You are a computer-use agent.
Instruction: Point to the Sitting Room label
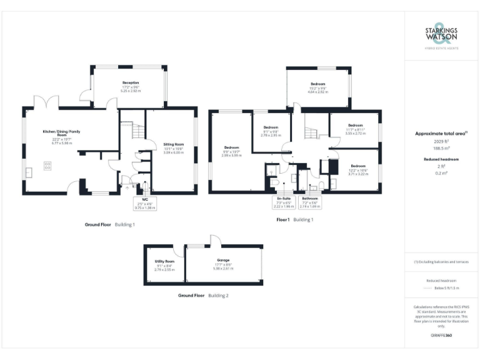(174, 147)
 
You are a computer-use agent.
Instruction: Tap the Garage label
(223, 263)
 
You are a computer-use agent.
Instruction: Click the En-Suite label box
(284, 202)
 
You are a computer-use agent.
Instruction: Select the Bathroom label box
(310, 202)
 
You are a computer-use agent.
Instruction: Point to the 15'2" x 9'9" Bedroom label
(318, 87)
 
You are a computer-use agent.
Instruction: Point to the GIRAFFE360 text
(442, 336)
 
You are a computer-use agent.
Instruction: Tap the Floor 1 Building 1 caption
(295, 220)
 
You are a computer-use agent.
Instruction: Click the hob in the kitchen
(47, 166)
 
